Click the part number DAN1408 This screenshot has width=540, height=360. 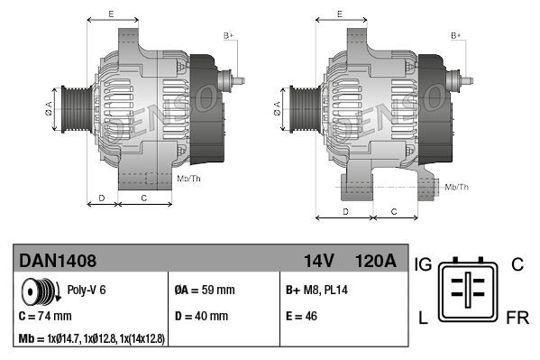[x=58, y=262]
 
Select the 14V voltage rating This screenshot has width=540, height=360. [x=318, y=262]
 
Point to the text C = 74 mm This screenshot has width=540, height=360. [x=45, y=317]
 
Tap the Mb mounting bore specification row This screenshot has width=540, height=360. [x=91, y=338]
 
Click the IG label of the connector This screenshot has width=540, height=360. [x=425, y=264]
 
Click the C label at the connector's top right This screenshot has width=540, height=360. [x=517, y=264]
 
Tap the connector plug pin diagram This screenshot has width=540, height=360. [x=468, y=290]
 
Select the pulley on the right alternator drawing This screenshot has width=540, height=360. [x=301, y=109]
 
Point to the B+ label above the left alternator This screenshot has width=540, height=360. [x=228, y=35]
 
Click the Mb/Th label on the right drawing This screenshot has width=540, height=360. [x=456, y=187]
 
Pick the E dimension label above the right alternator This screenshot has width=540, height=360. [x=338, y=14]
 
